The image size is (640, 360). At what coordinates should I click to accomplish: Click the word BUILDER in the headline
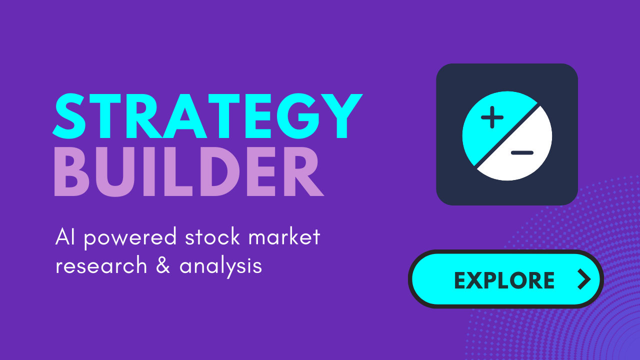click(188, 171)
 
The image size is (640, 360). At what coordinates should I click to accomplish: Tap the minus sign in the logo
click(522, 152)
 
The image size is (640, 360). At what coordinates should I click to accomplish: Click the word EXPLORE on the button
click(504, 280)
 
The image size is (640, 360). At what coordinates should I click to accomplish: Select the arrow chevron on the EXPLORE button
click(583, 279)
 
